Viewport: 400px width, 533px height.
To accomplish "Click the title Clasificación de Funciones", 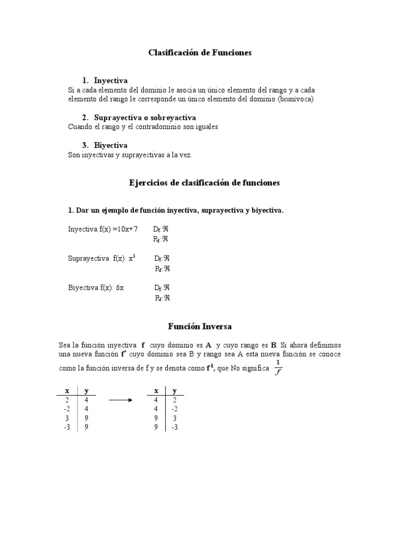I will pyautogui.click(x=200, y=53).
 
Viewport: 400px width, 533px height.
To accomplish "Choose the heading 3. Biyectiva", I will pyautogui.click(x=105, y=145).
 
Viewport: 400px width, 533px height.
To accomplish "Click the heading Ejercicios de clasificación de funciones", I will pyautogui.click(x=204, y=183).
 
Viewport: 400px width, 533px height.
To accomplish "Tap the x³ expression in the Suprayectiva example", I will pyautogui.click(x=132, y=258).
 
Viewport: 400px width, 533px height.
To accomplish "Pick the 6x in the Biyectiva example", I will pyautogui.click(x=120, y=287).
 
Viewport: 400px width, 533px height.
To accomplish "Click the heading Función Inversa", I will pyautogui.click(x=199, y=326).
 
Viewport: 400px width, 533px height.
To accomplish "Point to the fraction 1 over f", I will pyautogui.click(x=278, y=367).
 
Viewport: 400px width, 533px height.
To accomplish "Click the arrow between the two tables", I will pyautogui.click(x=121, y=400).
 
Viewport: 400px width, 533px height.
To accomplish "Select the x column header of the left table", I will pyautogui.click(x=67, y=390).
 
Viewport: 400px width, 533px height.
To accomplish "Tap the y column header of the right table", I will pyautogui.click(x=174, y=390).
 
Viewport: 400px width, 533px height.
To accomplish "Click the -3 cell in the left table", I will pyautogui.click(x=67, y=427).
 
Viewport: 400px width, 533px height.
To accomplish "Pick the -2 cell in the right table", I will pyautogui.click(x=174, y=409).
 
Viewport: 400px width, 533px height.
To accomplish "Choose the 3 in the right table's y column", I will pyautogui.click(x=174, y=418).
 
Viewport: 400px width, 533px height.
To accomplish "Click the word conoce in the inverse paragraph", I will pyautogui.click(x=331, y=354).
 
